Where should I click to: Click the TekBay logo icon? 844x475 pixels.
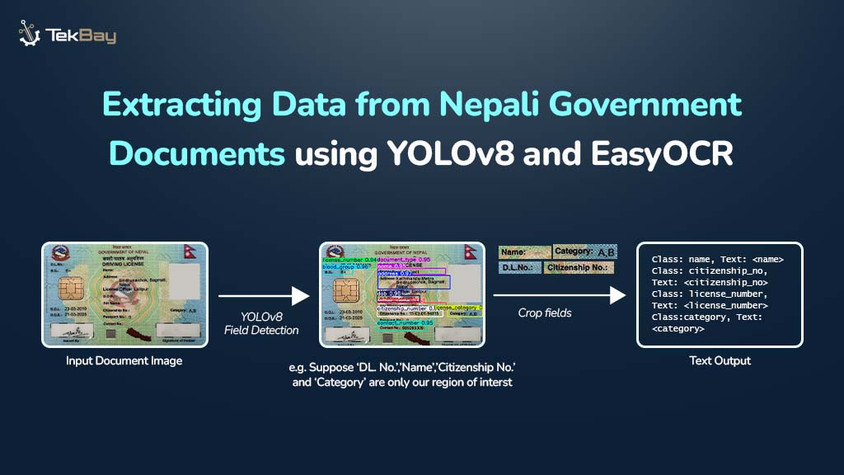click(x=30, y=34)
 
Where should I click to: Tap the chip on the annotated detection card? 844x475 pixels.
click(x=345, y=294)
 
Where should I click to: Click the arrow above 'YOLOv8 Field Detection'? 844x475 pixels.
click(x=264, y=294)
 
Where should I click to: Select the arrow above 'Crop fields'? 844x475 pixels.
click(x=560, y=294)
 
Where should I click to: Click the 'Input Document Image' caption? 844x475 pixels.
click(x=124, y=360)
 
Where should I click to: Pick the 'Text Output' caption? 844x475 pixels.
click(x=720, y=360)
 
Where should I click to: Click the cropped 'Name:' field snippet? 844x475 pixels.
click(x=524, y=252)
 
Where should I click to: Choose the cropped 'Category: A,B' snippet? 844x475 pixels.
click(x=584, y=252)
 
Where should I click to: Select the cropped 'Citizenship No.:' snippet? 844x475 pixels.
click(x=579, y=268)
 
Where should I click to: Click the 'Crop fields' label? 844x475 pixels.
click(x=545, y=313)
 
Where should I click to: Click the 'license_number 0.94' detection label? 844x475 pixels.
click(x=349, y=259)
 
